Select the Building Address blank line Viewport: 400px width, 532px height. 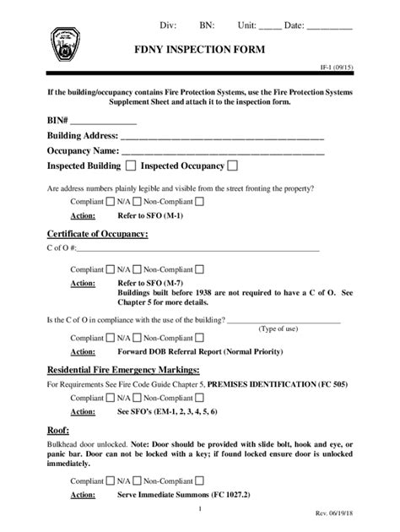point(223,138)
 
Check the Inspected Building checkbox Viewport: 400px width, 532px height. point(131,166)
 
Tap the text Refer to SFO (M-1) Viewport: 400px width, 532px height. point(150,216)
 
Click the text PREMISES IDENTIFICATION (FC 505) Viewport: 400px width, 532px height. point(261,384)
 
